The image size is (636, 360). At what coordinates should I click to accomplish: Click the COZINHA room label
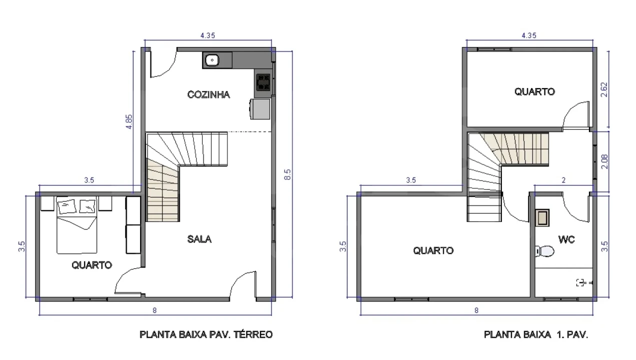pos(208,94)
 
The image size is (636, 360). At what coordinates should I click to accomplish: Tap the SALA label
pos(199,239)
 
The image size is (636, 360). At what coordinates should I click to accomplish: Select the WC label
pos(566,239)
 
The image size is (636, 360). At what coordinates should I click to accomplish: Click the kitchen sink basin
pos(212,60)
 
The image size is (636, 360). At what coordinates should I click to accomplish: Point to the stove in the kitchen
pos(263,82)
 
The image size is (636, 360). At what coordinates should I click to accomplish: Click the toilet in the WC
pos(544,251)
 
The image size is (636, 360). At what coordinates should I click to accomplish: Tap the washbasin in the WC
pos(542,217)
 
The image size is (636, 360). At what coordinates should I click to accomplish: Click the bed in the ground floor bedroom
pos(77,225)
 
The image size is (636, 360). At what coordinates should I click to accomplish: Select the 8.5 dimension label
pos(287,174)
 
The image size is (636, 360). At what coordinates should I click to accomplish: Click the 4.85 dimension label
pos(129,121)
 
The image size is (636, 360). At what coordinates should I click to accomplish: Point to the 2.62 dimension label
pos(604,89)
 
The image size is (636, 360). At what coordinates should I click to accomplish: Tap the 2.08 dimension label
pos(605,161)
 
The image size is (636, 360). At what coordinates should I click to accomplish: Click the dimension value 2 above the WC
pos(563,180)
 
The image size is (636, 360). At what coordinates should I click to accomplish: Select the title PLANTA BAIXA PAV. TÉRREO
pos(206,334)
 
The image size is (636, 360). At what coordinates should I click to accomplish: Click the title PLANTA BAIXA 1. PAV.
pos(536,334)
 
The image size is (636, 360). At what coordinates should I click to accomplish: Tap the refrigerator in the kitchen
pos(260,109)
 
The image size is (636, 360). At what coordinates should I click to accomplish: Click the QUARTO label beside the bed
pos(92,265)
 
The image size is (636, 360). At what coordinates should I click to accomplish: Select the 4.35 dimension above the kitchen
pos(208,35)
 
